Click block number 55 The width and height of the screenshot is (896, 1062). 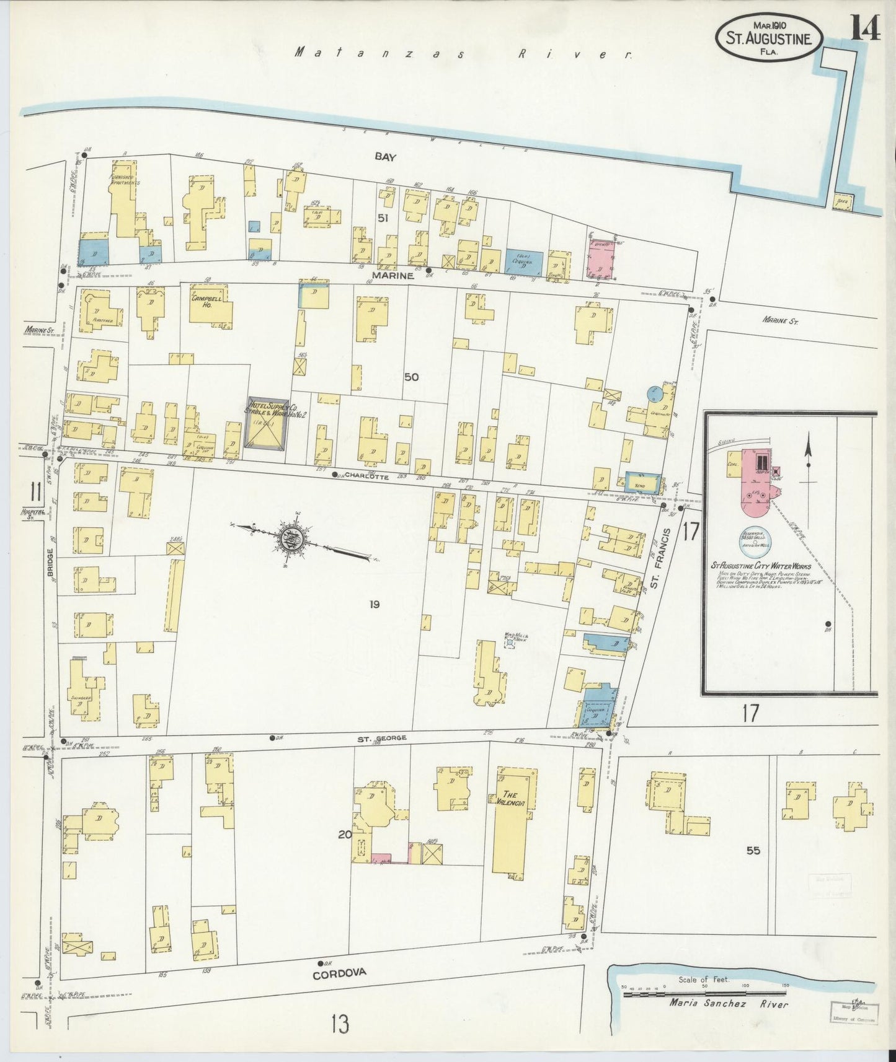tap(753, 851)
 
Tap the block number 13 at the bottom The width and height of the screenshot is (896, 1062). tap(340, 1024)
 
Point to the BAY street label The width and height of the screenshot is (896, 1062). tap(385, 157)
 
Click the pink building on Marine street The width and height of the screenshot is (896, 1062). tap(601, 259)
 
